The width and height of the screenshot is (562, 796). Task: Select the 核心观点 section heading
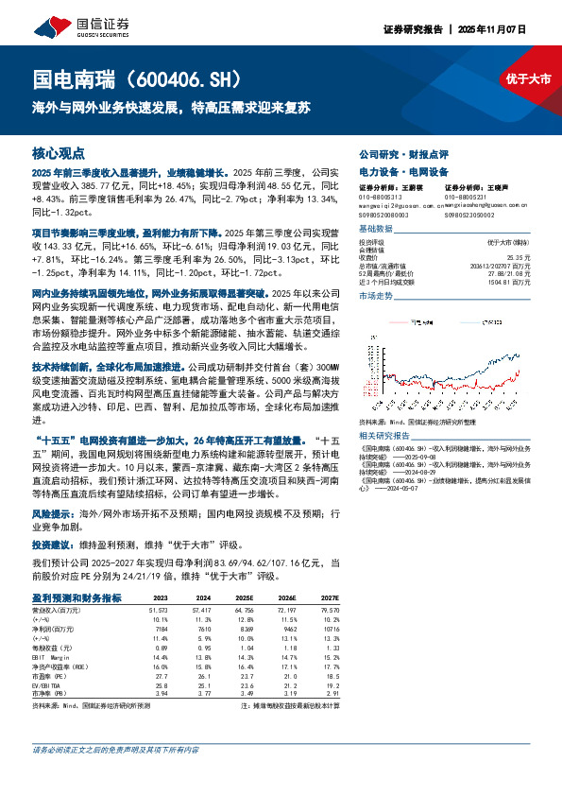point(59,153)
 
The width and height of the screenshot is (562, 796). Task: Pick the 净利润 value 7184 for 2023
point(159,627)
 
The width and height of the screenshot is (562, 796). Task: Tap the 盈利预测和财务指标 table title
point(77,597)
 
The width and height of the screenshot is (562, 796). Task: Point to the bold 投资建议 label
point(51,545)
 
